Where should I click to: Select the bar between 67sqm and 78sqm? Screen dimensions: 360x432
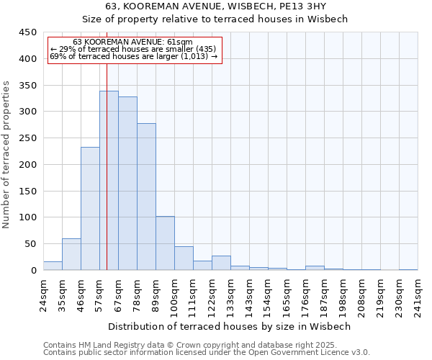(x=127, y=184)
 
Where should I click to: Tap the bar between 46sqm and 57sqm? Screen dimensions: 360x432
(x=90, y=209)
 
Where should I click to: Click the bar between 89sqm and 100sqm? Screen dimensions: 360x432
(x=165, y=243)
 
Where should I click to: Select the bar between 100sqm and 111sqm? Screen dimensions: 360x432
(x=184, y=258)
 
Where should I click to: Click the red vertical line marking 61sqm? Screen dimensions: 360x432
(x=107, y=144)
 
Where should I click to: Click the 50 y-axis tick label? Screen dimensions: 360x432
(x=30, y=244)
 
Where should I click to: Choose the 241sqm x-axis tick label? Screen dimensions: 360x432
(x=418, y=292)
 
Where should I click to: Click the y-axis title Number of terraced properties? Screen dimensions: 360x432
(x=6, y=154)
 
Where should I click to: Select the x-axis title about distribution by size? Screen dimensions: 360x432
(x=229, y=326)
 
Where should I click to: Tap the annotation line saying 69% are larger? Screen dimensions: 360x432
(x=134, y=55)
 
